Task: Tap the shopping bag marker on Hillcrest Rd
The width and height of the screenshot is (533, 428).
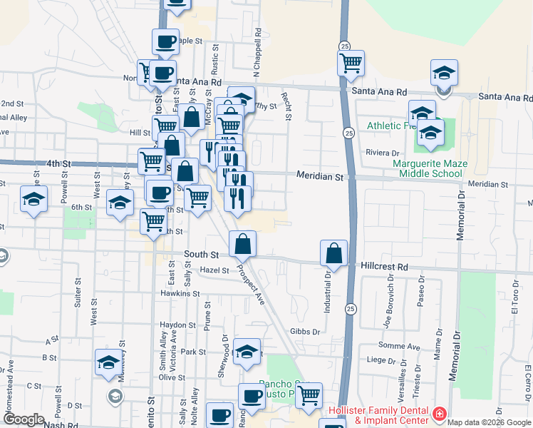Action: (333, 253)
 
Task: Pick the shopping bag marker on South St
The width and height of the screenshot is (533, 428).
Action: (243, 243)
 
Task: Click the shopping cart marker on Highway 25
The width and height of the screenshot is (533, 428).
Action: (351, 63)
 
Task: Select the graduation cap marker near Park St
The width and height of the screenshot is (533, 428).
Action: (247, 352)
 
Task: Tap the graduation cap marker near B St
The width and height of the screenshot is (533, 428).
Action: (108, 363)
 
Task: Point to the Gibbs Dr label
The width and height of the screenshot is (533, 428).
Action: (306, 332)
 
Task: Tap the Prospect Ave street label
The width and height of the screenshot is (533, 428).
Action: (250, 285)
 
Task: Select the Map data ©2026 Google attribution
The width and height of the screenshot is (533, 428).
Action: (490, 422)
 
